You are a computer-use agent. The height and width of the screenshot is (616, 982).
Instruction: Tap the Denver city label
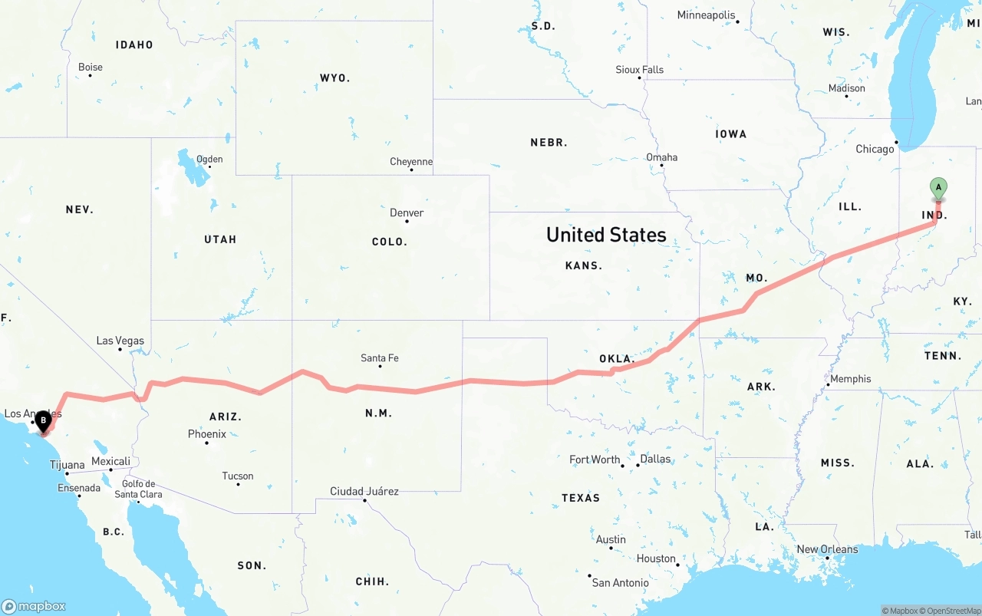click(407, 212)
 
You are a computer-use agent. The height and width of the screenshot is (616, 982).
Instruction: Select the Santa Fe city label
click(380, 357)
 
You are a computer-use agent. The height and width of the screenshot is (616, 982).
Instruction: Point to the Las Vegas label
click(120, 341)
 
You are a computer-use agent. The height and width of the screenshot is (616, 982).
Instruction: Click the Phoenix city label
click(207, 434)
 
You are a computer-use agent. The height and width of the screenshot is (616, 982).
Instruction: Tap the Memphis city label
click(850, 378)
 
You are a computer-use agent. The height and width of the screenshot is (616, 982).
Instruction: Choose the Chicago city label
click(875, 149)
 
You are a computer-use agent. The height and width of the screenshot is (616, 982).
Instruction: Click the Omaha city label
click(661, 157)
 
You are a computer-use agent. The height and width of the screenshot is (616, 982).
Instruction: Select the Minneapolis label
click(706, 15)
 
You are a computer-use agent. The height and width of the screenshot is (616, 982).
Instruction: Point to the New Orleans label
click(827, 549)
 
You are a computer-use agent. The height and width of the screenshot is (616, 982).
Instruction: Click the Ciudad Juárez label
click(364, 491)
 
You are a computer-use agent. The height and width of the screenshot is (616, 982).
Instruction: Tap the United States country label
click(606, 235)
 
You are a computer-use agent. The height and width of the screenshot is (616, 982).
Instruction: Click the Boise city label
click(91, 67)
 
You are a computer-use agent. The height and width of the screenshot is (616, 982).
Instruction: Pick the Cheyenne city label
click(411, 162)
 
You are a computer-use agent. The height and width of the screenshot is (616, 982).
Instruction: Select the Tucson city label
click(238, 476)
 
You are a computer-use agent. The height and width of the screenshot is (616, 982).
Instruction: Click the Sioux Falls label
click(639, 70)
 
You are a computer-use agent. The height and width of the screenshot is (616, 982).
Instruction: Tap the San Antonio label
click(620, 583)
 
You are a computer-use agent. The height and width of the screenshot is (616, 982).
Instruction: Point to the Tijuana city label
click(68, 465)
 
